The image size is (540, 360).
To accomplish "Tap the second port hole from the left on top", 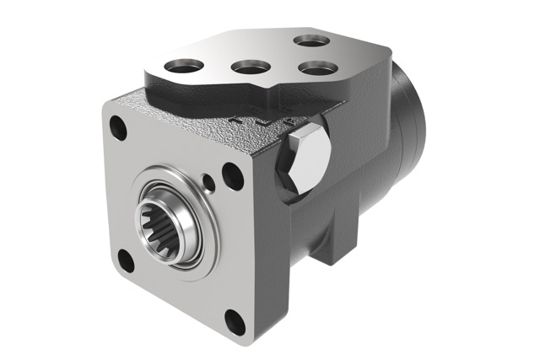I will click(249, 67).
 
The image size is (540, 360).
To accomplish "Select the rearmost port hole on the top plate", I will click(308, 40).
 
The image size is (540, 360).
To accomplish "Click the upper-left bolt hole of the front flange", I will click(119, 129).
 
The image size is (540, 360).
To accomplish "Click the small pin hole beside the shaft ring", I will click(208, 179).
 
